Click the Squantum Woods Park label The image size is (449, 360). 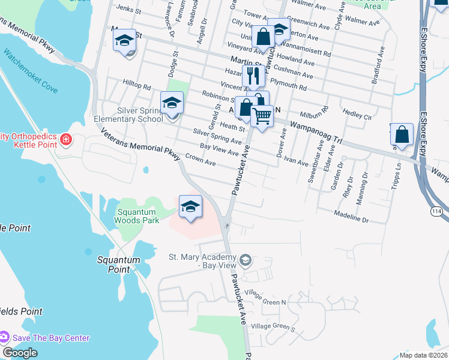pyautogui.click(x=137, y=216)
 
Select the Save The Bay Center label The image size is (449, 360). pyautogui.click(x=51, y=338)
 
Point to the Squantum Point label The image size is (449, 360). pyautogui.click(x=119, y=265)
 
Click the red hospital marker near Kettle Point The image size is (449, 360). pyautogui.click(x=66, y=141)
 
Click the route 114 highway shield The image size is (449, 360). pyautogui.click(x=436, y=211)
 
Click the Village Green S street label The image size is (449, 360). pyautogui.click(x=273, y=327)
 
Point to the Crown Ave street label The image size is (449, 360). pyautogui.click(x=200, y=160)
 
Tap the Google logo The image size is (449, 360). pyautogui.click(x=20, y=352)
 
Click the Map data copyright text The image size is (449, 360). pyautogui.click(x=423, y=355)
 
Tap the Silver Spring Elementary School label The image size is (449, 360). pyautogui.click(x=128, y=115)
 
